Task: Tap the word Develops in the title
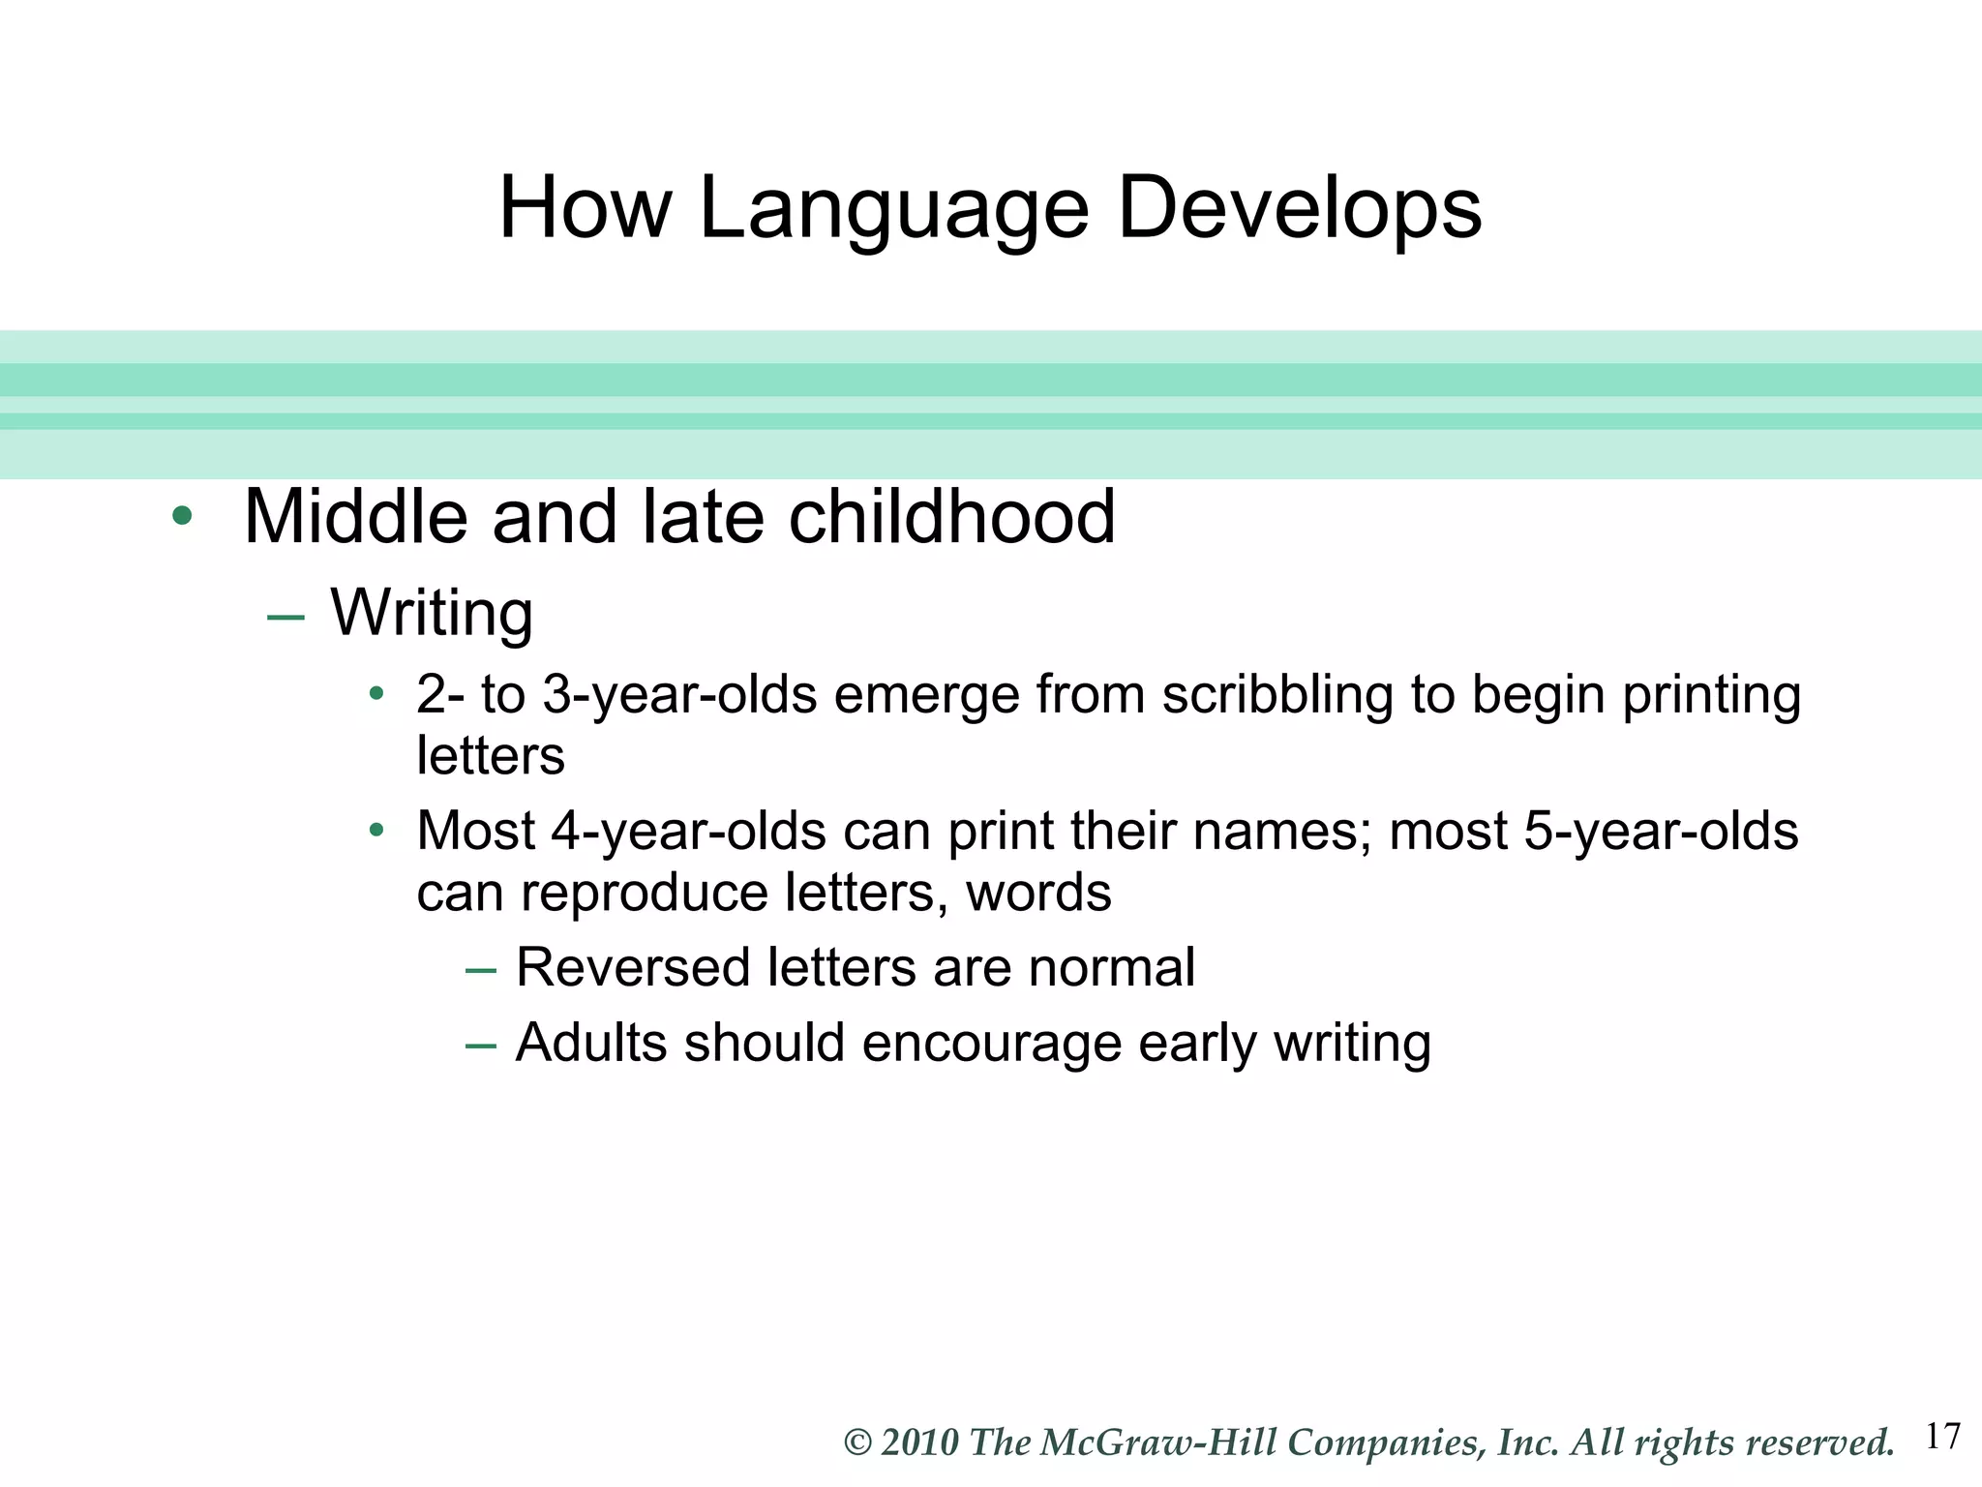tap(1299, 209)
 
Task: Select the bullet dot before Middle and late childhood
tap(181, 516)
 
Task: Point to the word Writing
tap(432, 614)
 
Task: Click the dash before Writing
tap(285, 617)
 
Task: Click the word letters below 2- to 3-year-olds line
tap(490, 755)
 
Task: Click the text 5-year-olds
tap(1661, 831)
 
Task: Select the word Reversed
tap(633, 967)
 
